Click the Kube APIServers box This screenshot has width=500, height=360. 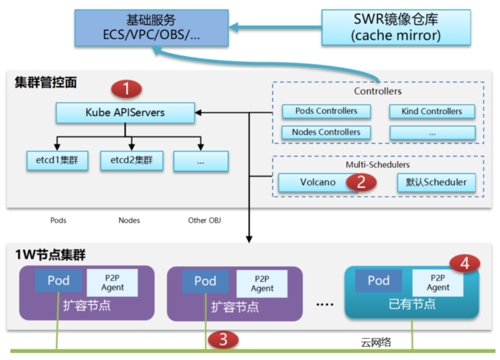click(125, 113)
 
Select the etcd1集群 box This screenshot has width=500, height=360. click(57, 161)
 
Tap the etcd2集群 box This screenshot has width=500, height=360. click(131, 161)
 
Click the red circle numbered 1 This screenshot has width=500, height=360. click(126, 89)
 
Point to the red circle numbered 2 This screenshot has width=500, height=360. click(361, 182)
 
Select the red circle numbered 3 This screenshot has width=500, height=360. click(223, 340)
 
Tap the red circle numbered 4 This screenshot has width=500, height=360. click(464, 264)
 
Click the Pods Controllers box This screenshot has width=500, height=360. click(326, 111)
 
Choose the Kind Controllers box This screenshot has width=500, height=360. click(432, 112)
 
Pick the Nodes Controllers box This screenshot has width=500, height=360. click(326, 132)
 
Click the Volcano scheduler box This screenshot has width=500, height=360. click(318, 182)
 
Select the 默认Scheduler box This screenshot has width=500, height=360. click(436, 182)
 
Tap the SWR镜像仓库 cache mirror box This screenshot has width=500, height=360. click(396, 27)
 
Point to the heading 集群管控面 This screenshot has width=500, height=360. click(46, 83)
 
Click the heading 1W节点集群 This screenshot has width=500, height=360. click(50, 255)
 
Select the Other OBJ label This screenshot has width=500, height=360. click(204, 221)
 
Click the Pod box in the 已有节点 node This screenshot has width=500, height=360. click(378, 280)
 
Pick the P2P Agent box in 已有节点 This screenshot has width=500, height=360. click(438, 282)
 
